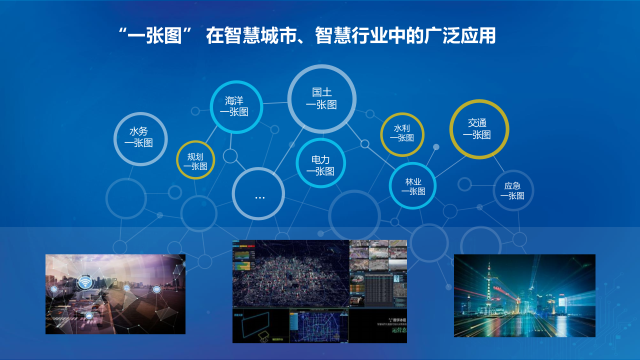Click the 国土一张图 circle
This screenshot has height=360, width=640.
pyautogui.click(x=321, y=98)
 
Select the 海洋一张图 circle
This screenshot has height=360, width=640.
pyautogui.click(x=236, y=106)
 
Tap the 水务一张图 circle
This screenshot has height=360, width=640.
pyautogui.click(x=140, y=138)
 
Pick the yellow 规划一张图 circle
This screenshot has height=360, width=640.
pyautogui.click(x=195, y=160)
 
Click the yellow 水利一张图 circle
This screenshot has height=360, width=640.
pyautogui.click(x=402, y=133)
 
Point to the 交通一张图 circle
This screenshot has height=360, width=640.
pyautogui.click(x=478, y=128)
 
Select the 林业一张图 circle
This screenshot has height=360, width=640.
pyautogui.click(x=412, y=185)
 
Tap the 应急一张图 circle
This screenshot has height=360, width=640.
pyautogui.click(x=513, y=190)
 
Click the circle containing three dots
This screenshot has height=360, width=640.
pyautogui.click(x=258, y=194)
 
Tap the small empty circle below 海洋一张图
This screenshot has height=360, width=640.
pyautogui.click(x=230, y=156)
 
